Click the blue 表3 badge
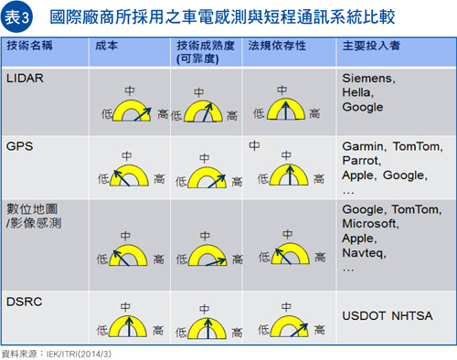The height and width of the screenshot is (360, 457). click(16, 17)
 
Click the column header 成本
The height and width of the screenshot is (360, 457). click(106, 46)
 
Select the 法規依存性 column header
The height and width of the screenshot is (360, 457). click(277, 46)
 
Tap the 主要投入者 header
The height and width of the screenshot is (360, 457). click(371, 46)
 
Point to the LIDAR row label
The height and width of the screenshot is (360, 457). click(25, 79)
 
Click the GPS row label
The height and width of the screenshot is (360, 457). click(19, 146)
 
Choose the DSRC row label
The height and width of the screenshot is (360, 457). click(25, 302)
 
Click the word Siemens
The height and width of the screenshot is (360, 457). click(368, 79)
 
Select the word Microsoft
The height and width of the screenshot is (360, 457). click(370, 224)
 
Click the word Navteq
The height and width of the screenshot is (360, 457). click(364, 253)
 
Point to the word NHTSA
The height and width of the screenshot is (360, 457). click(412, 316)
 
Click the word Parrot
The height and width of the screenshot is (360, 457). click(361, 161)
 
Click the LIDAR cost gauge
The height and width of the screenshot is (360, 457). click(132, 111)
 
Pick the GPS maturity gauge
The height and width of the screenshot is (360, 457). click(207, 177)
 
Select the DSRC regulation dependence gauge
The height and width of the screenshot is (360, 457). click(290, 326)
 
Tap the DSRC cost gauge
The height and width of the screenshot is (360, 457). click(128, 326)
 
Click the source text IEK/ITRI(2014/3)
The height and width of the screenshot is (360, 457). click(79, 355)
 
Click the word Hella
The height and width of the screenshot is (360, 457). click(357, 92)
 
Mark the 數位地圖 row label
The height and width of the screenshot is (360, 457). click(32, 209)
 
